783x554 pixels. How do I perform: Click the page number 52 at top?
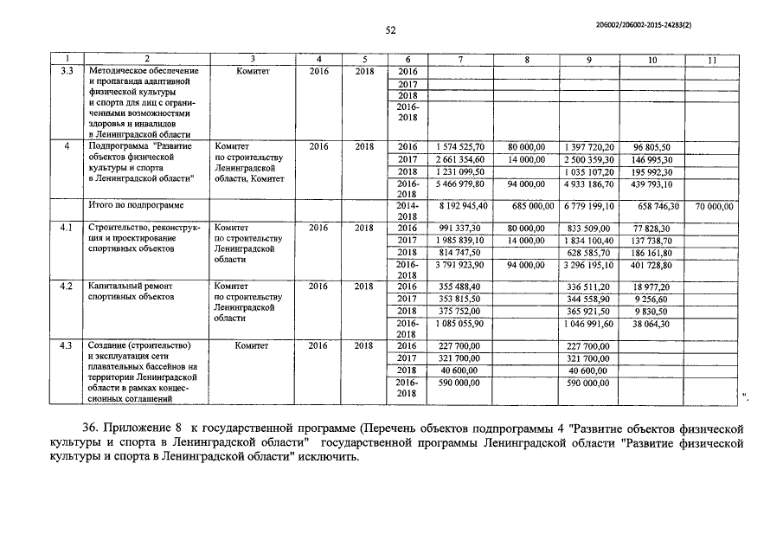(390, 30)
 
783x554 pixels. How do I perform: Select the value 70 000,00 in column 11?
(713, 207)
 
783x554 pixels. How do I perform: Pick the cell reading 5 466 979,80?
(461, 184)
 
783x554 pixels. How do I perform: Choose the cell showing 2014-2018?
(407, 211)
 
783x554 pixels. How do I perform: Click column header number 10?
(651, 59)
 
